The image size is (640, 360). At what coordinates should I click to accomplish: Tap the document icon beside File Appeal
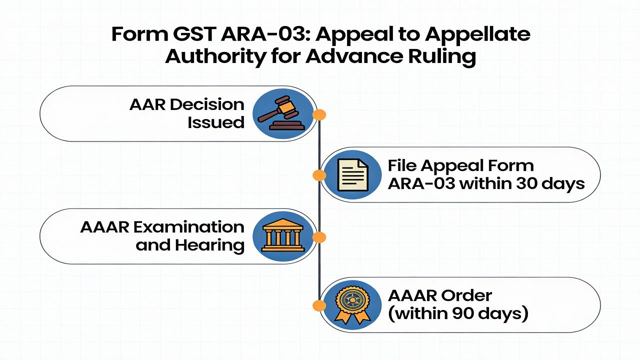click(352, 174)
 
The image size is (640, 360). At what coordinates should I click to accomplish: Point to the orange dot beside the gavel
click(319, 115)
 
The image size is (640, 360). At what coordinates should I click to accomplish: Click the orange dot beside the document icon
click(319, 175)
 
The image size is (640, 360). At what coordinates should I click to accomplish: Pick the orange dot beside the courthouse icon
click(319, 237)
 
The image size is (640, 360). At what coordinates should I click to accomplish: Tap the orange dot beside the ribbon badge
click(318, 305)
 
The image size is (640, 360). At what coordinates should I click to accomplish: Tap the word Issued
click(216, 122)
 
